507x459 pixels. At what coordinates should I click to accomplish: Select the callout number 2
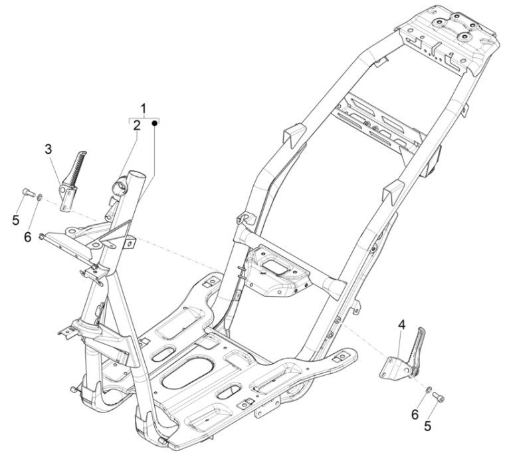pyautogui.click(x=136, y=124)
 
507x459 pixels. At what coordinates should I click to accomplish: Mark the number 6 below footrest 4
pyautogui.click(x=415, y=414)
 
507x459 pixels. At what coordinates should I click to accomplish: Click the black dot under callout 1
pyautogui.click(x=155, y=123)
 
